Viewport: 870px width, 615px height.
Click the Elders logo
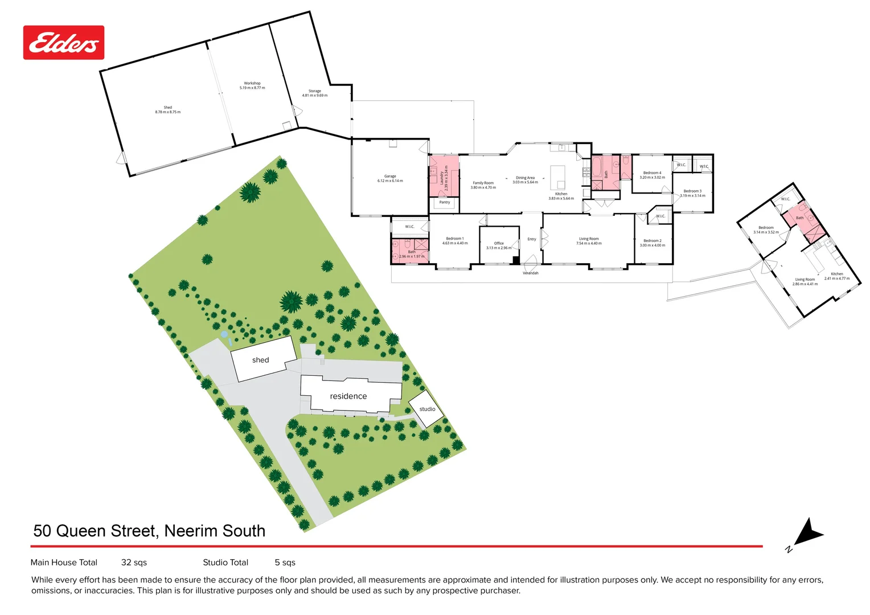[63, 43]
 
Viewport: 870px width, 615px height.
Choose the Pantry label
[445, 202]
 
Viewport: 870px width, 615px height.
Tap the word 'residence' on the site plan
[348, 396]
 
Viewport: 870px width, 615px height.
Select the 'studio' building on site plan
[426, 409]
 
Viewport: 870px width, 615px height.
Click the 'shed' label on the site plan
[260, 360]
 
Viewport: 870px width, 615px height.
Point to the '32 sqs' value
[134, 563]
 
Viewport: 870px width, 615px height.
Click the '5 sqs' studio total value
[285, 563]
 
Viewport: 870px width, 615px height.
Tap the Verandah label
[531, 273]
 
